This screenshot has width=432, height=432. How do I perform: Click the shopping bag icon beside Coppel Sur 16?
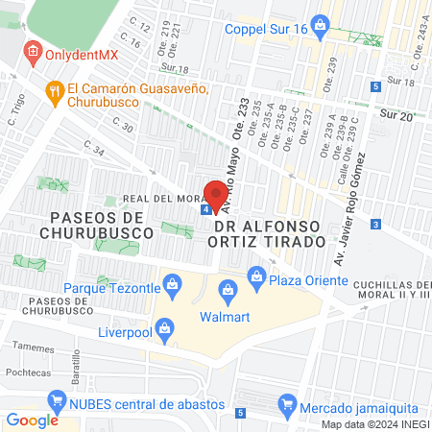pyautogui.click(x=322, y=29)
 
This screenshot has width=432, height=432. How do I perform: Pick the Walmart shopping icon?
pyautogui.click(x=228, y=288)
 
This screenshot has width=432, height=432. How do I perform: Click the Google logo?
pyautogui.click(x=33, y=420)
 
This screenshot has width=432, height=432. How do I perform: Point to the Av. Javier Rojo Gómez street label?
pyautogui.click(x=350, y=207)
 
